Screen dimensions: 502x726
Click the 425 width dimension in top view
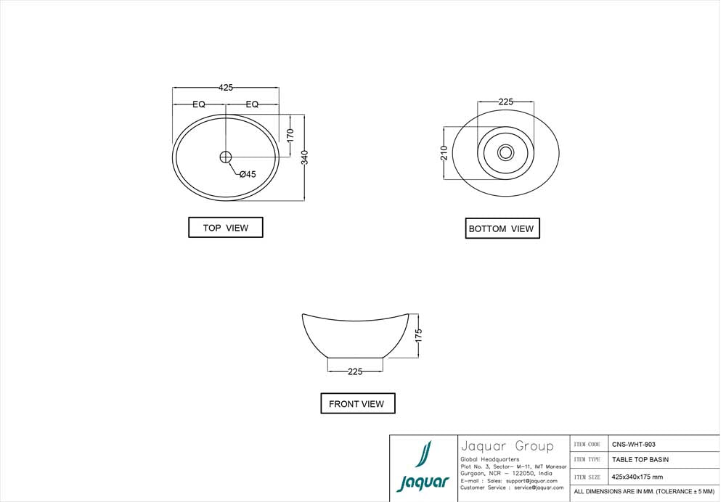tap(226, 87)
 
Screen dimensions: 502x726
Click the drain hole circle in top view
tap(225, 156)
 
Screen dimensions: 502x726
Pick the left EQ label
tap(199, 104)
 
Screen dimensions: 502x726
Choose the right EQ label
tap(252, 104)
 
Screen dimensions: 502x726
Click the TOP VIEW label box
tap(226, 228)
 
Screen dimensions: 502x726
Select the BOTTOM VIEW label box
tap(502, 229)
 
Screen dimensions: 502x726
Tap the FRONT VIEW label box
tap(357, 403)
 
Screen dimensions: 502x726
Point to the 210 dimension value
tap(444, 152)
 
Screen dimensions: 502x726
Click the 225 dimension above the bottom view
tap(506, 102)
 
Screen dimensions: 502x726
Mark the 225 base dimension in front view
tap(355, 371)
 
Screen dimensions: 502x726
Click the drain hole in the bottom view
tap(506, 152)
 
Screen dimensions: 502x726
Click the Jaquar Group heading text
tap(507, 446)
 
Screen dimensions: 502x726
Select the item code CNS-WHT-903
tap(634, 444)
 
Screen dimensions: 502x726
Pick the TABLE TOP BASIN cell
tap(640, 460)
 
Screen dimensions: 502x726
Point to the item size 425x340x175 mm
tap(637, 477)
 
